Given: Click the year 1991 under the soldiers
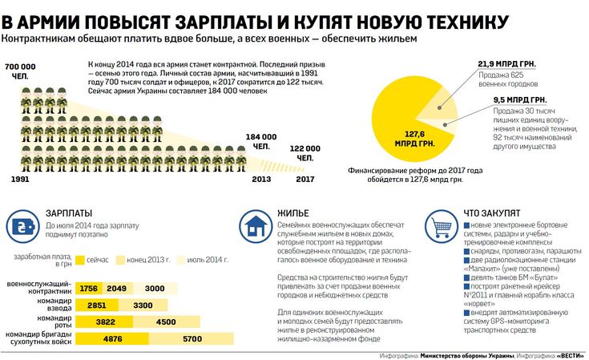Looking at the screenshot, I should [x=22, y=178].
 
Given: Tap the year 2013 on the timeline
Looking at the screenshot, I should [x=261, y=178].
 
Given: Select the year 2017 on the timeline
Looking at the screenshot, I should [x=305, y=178].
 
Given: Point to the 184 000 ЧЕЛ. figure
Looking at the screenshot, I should [x=261, y=141].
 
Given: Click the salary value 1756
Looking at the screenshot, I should [x=89, y=289].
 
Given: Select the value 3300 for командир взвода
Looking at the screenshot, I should [x=143, y=305].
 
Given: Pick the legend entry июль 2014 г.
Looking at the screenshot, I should [x=208, y=260].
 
